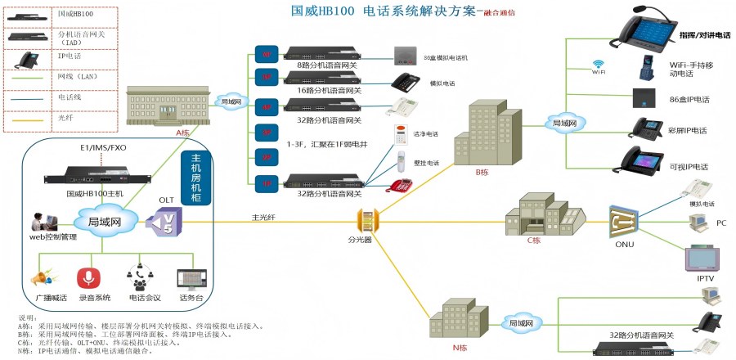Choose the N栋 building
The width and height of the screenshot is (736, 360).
463,320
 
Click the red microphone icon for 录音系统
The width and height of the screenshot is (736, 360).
88,278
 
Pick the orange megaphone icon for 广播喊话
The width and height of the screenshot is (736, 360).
45,278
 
